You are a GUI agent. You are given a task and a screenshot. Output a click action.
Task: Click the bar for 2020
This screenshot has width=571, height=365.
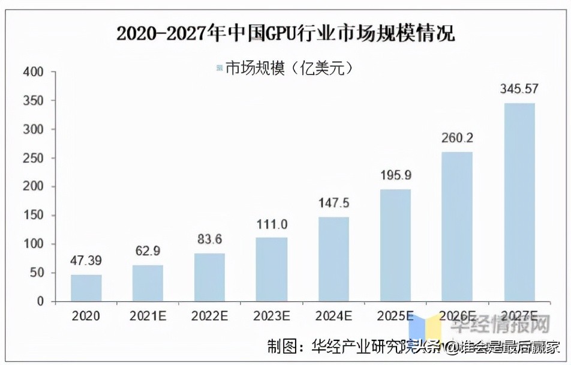[x=86, y=288]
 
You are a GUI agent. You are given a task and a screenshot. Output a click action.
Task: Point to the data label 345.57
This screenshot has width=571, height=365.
[x=519, y=89]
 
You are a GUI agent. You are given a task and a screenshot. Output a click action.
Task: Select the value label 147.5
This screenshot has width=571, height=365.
[x=333, y=204]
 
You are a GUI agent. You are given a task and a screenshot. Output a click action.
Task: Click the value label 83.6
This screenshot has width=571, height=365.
[x=209, y=240]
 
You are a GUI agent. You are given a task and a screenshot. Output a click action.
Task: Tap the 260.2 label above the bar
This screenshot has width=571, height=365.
[x=457, y=138]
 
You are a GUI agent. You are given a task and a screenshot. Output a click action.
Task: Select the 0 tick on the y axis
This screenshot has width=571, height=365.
[x=40, y=302]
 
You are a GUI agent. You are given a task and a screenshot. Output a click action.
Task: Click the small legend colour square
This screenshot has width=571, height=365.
[x=219, y=68]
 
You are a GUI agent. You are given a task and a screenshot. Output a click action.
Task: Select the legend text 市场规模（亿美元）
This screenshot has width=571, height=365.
[x=288, y=68]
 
